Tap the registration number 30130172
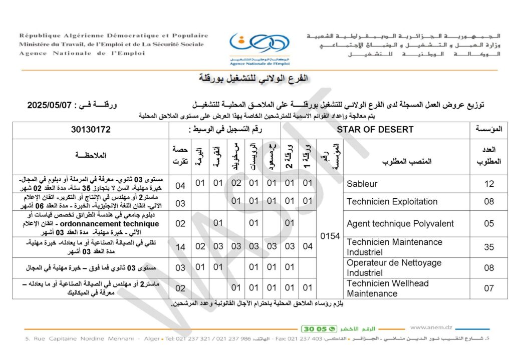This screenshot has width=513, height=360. tap(91, 129)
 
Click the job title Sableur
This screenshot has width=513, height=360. tap(362, 184)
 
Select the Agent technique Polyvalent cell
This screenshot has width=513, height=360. tap(400, 223)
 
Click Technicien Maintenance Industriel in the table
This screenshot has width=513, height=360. tap(394, 247)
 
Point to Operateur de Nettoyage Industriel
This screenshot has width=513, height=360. tap(394, 268)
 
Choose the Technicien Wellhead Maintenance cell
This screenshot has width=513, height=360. tap(388, 288)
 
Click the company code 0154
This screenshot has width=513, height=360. tap(330, 236)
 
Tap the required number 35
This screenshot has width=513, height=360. tap(489, 247)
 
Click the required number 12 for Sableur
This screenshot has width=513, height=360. tap(489, 184)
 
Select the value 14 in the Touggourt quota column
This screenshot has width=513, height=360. tap(180, 247)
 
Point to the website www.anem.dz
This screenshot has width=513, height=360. tap(431, 327)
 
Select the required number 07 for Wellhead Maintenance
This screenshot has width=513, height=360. tap(489, 288)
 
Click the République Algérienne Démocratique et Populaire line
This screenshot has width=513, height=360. tap(114, 36)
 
